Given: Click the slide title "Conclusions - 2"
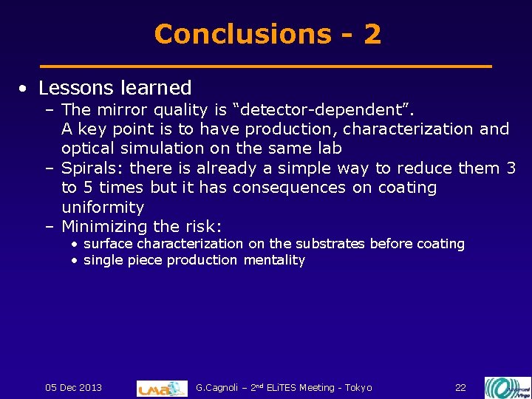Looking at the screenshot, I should (x=267, y=34).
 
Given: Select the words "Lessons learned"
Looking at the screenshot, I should (x=115, y=88).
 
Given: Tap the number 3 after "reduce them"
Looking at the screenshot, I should (x=511, y=168).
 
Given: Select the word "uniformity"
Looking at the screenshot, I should (x=103, y=207).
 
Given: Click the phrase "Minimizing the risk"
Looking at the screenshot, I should (x=140, y=226).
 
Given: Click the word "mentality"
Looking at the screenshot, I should (x=274, y=260).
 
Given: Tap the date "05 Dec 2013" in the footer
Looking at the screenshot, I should (x=74, y=388).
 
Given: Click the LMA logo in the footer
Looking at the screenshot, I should (x=162, y=388).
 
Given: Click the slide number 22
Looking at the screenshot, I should (x=460, y=388).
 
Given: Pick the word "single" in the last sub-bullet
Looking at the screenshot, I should (x=102, y=260).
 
